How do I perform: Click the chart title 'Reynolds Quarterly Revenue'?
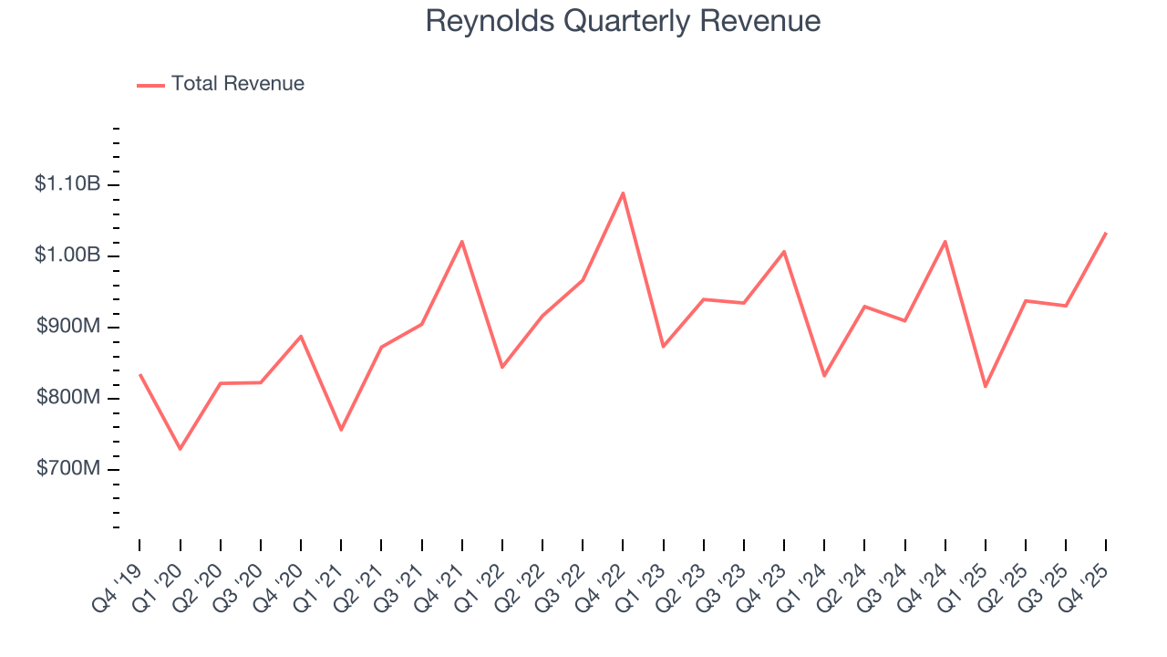pyautogui.click(x=623, y=22)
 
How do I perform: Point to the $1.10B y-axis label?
pyautogui.click(x=67, y=184)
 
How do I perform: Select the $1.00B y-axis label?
pyautogui.click(x=67, y=255)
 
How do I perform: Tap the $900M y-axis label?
pyautogui.click(x=69, y=327)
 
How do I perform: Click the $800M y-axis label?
pyautogui.click(x=69, y=398)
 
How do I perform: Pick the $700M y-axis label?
pyautogui.click(x=69, y=469)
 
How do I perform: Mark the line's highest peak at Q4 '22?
pyautogui.click(x=623, y=193)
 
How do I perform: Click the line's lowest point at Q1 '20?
pyautogui.click(x=180, y=449)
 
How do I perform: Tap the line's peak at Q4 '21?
pyautogui.click(x=462, y=242)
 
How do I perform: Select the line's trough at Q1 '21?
pyautogui.click(x=341, y=430)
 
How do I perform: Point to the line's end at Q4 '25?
pyautogui.click(x=1106, y=234)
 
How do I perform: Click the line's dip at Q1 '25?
pyautogui.click(x=986, y=387)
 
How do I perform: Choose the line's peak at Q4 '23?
pyautogui.click(x=784, y=251)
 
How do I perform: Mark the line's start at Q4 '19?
pyautogui.click(x=139, y=374)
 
